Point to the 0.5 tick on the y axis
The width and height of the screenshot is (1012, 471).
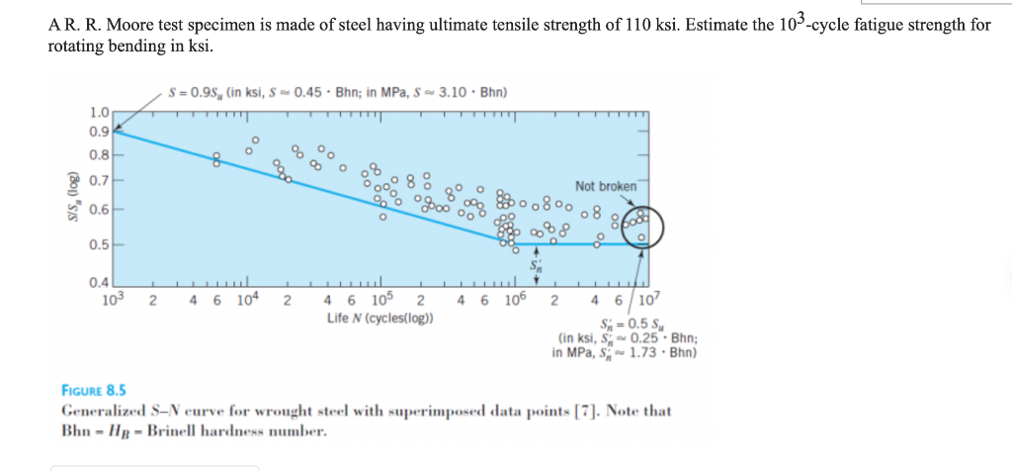point(99,243)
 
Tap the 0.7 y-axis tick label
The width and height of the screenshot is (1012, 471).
point(99,181)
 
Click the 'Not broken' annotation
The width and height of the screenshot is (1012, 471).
point(605,186)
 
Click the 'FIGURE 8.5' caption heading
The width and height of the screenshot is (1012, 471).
point(93,391)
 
